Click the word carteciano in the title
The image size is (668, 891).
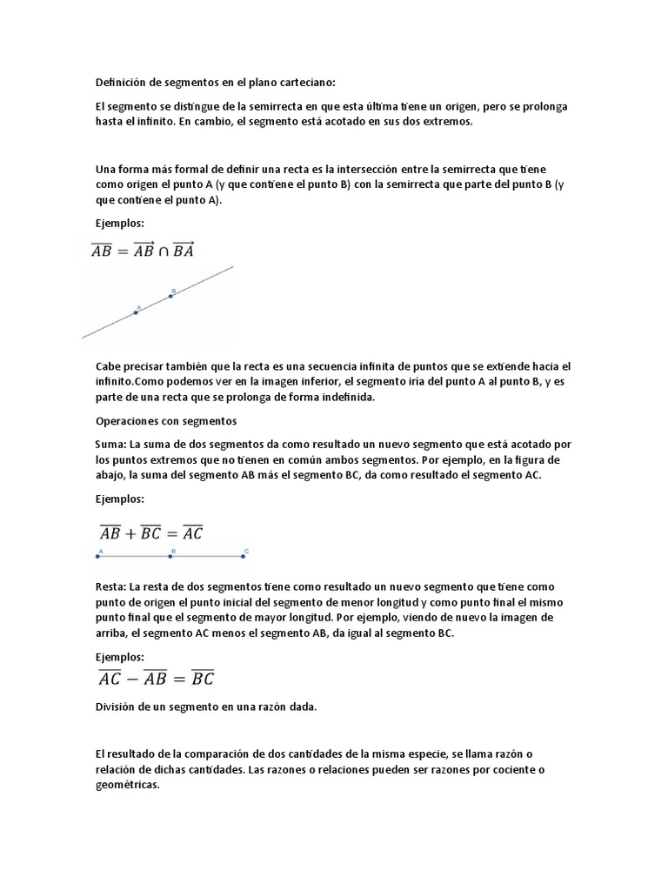click(304, 83)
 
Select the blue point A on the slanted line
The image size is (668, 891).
click(136, 312)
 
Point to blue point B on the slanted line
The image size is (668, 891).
click(170, 296)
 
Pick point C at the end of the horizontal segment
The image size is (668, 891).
click(246, 554)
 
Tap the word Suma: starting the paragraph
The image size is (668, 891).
click(112, 444)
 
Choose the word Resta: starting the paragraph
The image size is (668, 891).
click(113, 586)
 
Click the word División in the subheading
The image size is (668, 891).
click(118, 707)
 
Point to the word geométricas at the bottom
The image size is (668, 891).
click(128, 784)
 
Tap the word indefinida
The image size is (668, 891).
click(345, 398)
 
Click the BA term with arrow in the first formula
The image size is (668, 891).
click(184, 251)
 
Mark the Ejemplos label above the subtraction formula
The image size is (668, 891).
click(119, 656)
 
